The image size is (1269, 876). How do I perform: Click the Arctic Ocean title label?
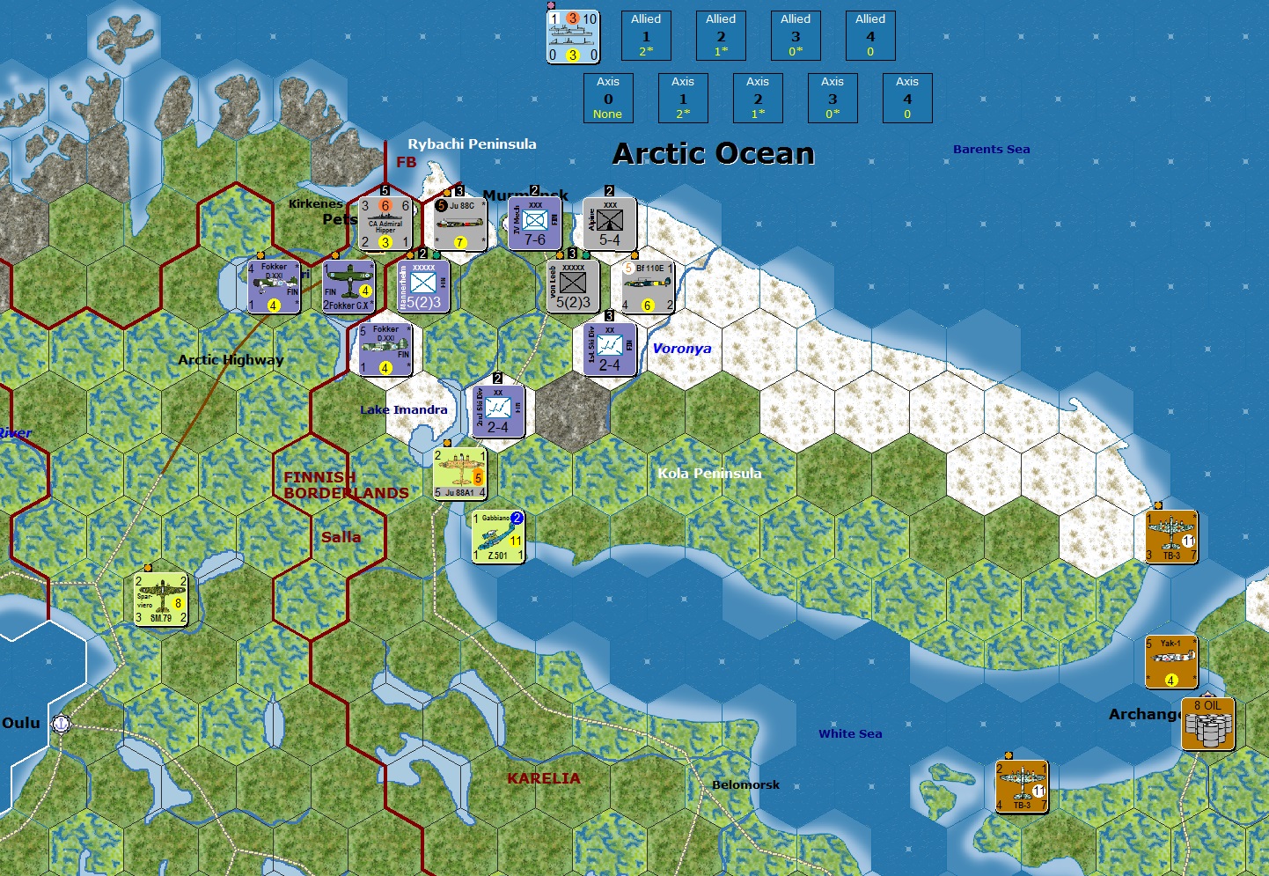coord(714,154)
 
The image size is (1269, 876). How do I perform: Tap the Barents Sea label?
coord(991,150)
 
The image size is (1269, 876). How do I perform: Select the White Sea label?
coord(850,734)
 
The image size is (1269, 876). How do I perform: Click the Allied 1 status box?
coord(646,35)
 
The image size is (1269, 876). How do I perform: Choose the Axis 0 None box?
coord(608,98)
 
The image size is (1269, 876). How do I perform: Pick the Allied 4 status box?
coord(870,35)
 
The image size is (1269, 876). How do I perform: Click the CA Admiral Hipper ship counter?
coord(385,224)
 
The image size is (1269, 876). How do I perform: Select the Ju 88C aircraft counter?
coord(460,224)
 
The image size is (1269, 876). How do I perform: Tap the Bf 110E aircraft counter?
coord(647,286)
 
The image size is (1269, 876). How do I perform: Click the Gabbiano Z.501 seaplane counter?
coord(498,536)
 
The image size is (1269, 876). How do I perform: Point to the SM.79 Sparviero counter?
coord(161,599)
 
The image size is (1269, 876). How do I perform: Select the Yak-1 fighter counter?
coord(1170,661)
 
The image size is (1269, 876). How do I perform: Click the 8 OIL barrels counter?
coord(1207,724)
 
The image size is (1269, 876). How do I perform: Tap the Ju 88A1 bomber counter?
coord(459,474)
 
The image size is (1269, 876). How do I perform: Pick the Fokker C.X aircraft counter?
coord(348,286)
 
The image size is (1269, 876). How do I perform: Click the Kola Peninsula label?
coord(709,474)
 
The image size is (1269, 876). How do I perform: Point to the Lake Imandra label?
coord(403,410)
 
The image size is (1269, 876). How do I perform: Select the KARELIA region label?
coord(543,778)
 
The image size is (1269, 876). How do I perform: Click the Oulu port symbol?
coord(61,724)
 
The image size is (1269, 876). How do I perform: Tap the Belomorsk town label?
coord(745,785)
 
